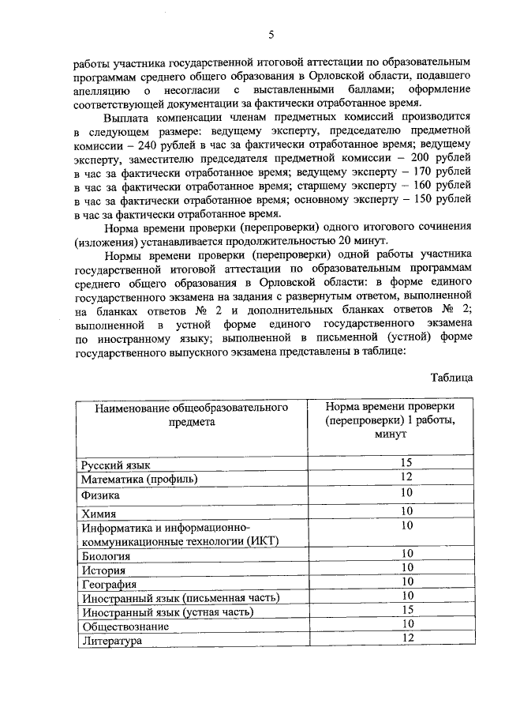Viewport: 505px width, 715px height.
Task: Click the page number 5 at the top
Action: pyautogui.click(x=271, y=34)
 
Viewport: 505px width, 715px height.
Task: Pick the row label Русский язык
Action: pyautogui.click(x=116, y=465)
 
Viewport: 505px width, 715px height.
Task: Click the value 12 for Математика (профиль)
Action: pyautogui.click(x=407, y=476)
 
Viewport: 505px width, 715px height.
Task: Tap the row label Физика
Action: pyautogui.click(x=100, y=495)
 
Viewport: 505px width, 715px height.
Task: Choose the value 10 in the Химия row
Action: pyautogui.click(x=407, y=510)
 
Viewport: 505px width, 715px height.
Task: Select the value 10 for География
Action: pyautogui.click(x=407, y=581)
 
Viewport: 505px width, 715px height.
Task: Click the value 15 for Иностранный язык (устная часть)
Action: pyautogui.click(x=407, y=610)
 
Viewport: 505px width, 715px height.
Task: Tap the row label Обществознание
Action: pyautogui.click(x=125, y=626)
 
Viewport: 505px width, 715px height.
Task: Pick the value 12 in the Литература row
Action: pyautogui.click(x=407, y=638)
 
